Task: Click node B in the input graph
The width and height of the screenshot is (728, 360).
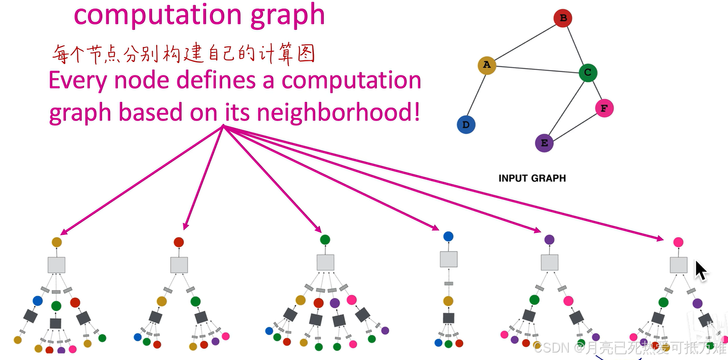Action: click(562, 18)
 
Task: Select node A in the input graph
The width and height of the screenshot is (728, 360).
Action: click(487, 65)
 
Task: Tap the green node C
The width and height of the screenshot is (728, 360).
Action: click(588, 73)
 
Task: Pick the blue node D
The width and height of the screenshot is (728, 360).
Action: click(466, 125)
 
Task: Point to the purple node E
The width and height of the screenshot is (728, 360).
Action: click(544, 143)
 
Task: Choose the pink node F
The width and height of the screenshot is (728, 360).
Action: click(604, 108)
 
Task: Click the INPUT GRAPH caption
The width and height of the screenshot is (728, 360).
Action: click(532, 178)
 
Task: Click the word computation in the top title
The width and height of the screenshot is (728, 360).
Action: click(158, 15)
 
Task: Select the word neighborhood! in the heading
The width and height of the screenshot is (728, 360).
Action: click(338, 112)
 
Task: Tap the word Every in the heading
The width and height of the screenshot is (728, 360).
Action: click(78, 80)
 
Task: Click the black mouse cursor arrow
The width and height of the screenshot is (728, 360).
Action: click(700, 270)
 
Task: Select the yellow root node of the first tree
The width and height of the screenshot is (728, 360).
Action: click(57, 242)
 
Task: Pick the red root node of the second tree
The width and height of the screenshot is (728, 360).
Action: click(179, 242)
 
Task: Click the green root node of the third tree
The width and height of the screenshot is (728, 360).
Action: click(325, 240)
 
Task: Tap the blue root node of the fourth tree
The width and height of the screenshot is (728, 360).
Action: click(448, 237)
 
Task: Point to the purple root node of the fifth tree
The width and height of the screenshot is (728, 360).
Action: click(550, 240)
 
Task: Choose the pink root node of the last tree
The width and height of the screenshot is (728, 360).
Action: click(678, 242)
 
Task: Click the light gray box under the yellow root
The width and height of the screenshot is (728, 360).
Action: click(56, 265)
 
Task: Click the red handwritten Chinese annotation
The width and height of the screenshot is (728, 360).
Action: click(183, 55)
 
